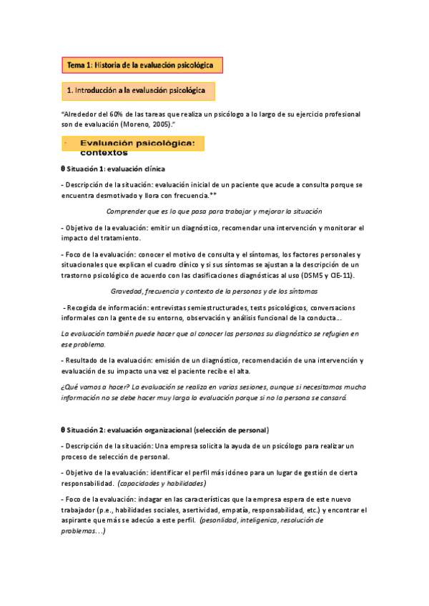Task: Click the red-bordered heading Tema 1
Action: click(142, 65)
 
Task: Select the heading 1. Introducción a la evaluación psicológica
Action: click(136, 91)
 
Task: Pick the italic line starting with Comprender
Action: click(214, 212)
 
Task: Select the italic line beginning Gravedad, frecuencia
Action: click(214, 292)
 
